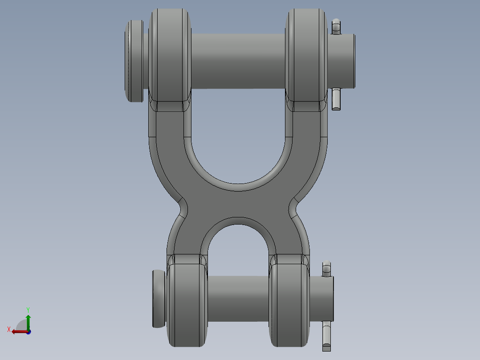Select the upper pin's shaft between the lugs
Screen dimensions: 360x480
coord(238,61)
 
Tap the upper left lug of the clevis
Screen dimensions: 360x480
coord(169,56)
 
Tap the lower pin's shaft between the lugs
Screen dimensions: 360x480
coord(238,298)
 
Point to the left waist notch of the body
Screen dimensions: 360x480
coord(183,207)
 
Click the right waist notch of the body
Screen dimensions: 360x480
coord(294,207)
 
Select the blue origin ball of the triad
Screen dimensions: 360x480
coord(28,331)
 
